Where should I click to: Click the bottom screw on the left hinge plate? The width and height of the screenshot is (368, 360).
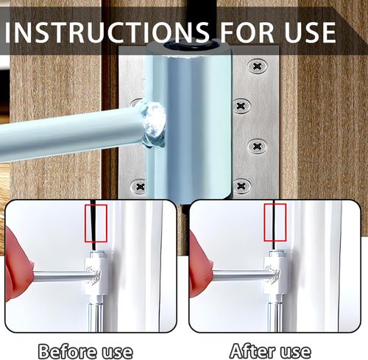(140, 187)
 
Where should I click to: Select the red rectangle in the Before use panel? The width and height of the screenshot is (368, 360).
(96, 224)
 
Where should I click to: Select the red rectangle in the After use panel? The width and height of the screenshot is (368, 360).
(274, 224)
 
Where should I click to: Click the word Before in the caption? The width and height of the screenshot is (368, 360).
(68, 348)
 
